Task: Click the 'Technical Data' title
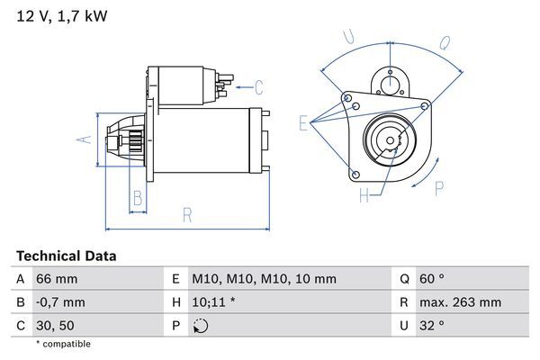tap(66, 256)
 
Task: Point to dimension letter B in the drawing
tap(138, 198)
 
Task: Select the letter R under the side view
tap(186, 214)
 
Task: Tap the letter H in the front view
tap(364, 195)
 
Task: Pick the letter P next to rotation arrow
tap(439, 187)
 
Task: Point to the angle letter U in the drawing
tap(350, 36)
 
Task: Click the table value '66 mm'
tap(57, 279)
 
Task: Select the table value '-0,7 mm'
tap(60, 302)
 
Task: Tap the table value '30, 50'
tap(55, 326)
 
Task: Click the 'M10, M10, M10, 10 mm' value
tap(264, 279)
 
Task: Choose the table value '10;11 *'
tap(213, 302)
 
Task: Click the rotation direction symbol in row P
tap(200, 326)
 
